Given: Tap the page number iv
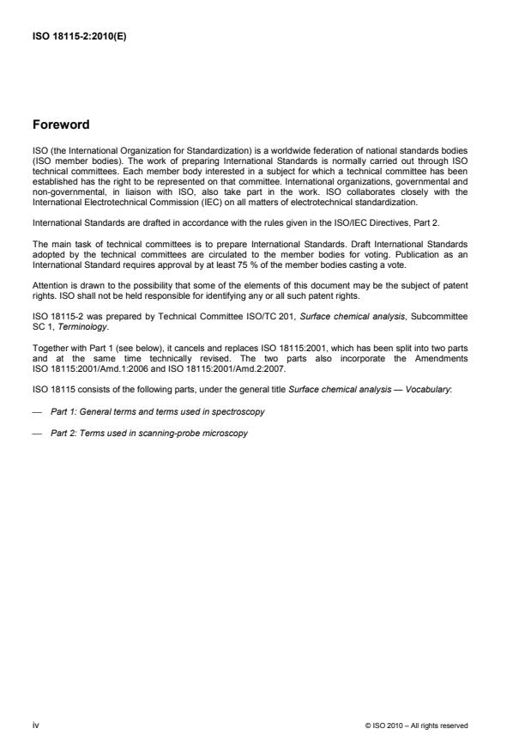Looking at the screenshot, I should tap(35, 725).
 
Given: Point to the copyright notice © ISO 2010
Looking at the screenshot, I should tap(416, 726).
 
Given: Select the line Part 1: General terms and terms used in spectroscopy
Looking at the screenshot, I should tap(157, 411).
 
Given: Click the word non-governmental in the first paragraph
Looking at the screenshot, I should tap(59, 195).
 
